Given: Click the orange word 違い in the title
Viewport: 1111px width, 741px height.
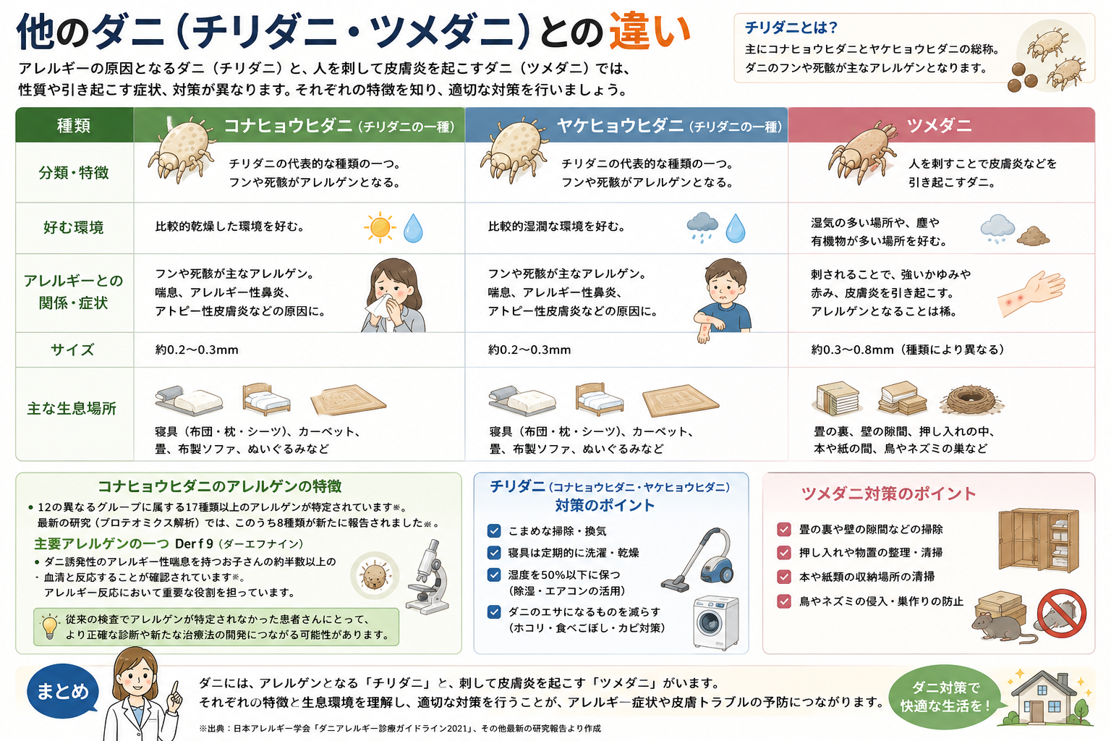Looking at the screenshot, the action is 650,32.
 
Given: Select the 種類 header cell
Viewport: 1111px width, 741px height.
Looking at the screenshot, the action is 75,125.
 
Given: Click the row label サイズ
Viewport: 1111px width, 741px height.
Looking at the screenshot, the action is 72,350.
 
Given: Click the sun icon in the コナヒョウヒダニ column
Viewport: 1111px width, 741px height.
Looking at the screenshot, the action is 380,228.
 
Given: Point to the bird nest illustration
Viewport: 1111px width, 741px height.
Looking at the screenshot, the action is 971,399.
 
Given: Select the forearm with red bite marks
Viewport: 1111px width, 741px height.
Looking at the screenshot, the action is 1031,293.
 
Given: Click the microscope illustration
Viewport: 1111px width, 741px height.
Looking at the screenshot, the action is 427,577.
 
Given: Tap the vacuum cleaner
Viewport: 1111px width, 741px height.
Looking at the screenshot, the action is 699,560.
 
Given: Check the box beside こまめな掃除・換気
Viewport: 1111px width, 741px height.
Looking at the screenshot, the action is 494,531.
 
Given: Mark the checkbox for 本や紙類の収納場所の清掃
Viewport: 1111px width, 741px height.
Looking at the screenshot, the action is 784,577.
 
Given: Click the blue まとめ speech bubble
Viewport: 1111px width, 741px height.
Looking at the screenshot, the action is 62,691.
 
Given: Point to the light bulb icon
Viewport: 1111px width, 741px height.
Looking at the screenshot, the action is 50,627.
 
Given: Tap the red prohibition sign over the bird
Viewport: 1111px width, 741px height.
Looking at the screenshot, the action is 1062,614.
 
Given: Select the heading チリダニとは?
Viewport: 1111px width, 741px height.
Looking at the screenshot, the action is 791,27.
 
